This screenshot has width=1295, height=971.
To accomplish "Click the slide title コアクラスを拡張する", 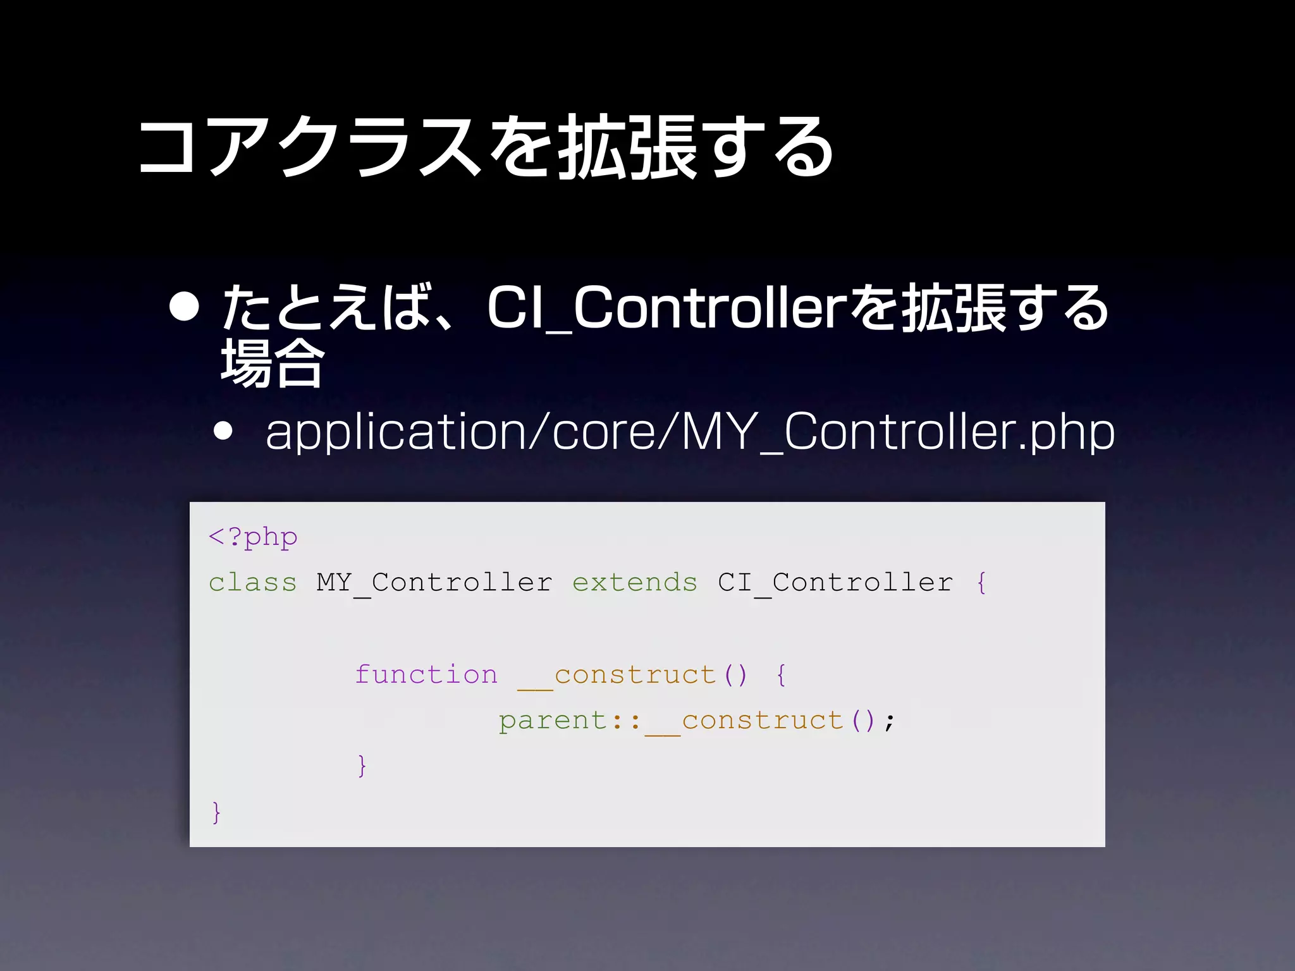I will point(486,147).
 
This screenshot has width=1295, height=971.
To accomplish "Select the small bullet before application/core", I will point(223,431).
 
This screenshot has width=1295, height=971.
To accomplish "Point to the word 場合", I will point(273,362).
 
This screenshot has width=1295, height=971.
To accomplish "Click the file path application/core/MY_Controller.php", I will point(690,432).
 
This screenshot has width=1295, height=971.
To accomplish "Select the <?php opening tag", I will point(253,537).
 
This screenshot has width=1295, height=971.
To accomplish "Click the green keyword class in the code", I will point(253,582).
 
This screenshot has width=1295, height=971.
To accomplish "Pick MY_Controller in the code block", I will point(434,582).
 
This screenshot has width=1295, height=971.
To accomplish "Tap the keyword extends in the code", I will point(635,582).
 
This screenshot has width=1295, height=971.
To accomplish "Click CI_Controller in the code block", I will point(835,582).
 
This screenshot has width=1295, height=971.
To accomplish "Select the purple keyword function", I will point(426,675).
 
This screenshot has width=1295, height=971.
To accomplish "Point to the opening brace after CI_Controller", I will point(981,582).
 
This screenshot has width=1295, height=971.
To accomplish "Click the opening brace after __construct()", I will point(782,675).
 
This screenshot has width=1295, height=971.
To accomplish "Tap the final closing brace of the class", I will point(216,812).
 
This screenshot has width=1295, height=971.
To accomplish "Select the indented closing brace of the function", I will point(362,766).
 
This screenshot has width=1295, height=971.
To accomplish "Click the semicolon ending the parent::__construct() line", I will point(890,721).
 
